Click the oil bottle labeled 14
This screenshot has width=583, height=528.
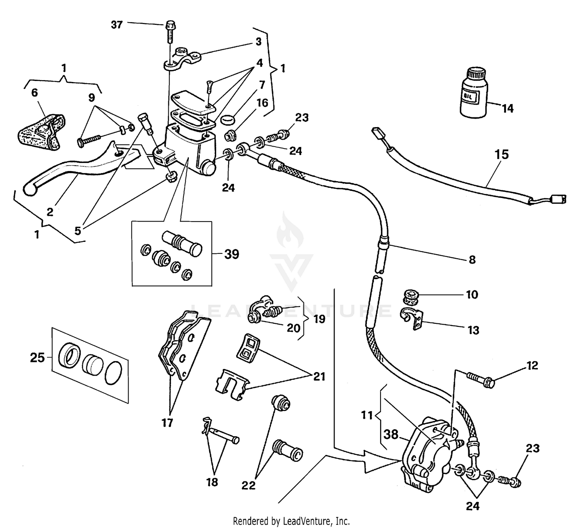(473, 93)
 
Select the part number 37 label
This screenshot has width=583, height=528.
(117, 25)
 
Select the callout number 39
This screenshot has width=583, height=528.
(232, 254)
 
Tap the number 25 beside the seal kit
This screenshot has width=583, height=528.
(37, 357)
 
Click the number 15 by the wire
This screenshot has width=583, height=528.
(501, 154)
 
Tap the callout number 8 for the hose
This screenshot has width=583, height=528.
(472, 259)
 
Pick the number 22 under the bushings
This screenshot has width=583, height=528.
(248, 485)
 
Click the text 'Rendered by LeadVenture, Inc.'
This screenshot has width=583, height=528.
(291, 521)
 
